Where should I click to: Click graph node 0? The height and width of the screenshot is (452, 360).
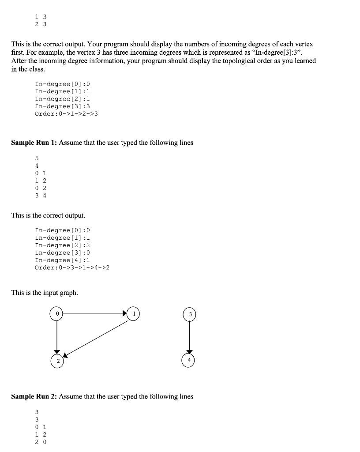(56, 313)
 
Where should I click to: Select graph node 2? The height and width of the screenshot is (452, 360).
(56, 360)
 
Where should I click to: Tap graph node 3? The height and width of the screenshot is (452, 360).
(189, 314)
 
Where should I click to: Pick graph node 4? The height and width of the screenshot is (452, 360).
(189, 360)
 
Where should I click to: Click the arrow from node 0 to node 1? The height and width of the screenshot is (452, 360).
(95, 313)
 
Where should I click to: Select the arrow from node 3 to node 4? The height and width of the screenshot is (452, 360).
(189, 336)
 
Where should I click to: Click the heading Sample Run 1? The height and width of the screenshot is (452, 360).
(34, 143)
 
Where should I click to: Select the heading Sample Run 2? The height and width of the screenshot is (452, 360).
(34, 396)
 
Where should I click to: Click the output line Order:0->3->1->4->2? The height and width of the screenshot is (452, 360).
(72, 267)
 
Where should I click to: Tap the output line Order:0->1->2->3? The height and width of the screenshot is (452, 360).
(66, 114)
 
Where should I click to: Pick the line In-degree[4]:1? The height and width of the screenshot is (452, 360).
(62, 260)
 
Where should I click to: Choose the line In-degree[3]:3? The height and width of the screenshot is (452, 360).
(62, 106)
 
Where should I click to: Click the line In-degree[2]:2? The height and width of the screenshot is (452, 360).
(62, 245)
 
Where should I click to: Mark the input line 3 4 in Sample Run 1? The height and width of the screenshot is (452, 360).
(41, 196)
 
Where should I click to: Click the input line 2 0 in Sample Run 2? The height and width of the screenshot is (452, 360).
(41, 442)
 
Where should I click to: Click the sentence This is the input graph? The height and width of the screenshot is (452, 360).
(45, 293)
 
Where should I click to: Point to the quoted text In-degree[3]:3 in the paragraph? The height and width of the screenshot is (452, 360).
(277, 53)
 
